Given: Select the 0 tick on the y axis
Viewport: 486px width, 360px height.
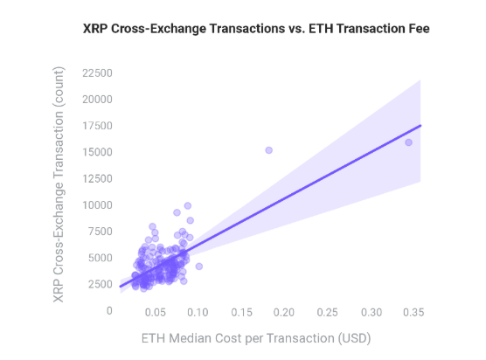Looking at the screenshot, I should point(108,310).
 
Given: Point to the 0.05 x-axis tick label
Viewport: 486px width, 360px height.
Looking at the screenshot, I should point(155,312).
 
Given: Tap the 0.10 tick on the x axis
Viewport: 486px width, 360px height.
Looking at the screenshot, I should point(198,312).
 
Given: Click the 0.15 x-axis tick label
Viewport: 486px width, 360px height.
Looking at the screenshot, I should point(241,312).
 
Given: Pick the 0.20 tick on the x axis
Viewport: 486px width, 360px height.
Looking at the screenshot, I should point(285,312).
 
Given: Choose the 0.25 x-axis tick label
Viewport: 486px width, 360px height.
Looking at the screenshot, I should point(329,312).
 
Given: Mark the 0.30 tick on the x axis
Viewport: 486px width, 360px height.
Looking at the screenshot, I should point(371,312).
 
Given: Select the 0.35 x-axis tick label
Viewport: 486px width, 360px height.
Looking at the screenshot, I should point(414,312).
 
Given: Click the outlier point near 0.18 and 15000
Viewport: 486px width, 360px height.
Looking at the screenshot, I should point(268,150).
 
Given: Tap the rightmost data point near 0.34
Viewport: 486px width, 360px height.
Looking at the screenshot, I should point(408,142).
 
